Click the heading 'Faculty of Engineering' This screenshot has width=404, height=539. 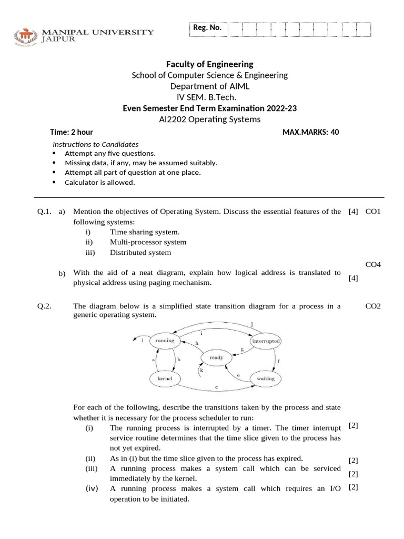(x=210, y=64)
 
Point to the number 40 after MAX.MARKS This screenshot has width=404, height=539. (x=335, y=132)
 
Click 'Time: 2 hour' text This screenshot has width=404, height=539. (x=72, y=132)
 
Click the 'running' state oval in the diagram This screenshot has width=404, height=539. (x=165, y=341)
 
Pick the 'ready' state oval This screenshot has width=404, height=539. (x=216, y=357)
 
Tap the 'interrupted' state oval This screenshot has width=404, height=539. (x=266, y=341)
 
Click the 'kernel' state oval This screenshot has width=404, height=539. (x=165, y=378)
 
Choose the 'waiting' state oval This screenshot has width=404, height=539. (x=266, y=378)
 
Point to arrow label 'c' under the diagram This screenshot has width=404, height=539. (x=216, y=387)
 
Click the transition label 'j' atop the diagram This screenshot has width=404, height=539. (x=252, y=323)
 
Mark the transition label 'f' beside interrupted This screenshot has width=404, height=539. (x=278, y=362)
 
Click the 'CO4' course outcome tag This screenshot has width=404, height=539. (x=372, y=264)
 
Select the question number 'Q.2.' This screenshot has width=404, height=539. (x=44, y=306)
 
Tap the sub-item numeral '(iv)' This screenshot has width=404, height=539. (x=92, y=488)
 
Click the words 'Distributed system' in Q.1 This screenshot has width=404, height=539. (x=140, y=253)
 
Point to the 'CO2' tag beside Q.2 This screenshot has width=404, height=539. (x=372, y=306)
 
